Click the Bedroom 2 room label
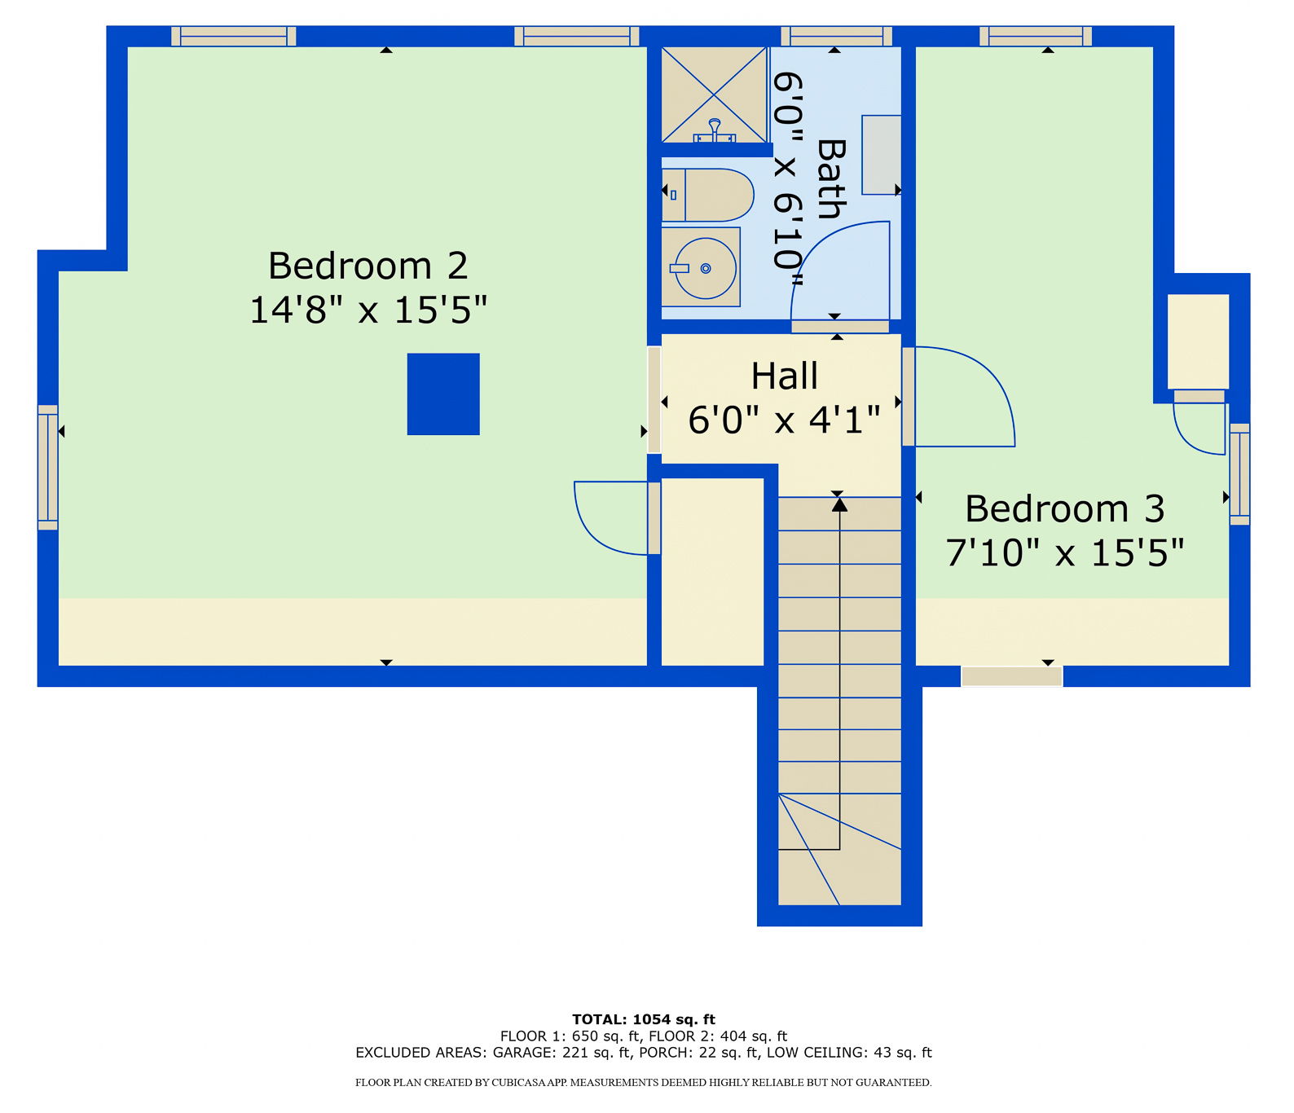(x=368, y=266)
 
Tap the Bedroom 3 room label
(x=1065, y=508)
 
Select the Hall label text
(x=785, y=376)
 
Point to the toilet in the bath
(x=707, y=195)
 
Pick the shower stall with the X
(x=715, y=95)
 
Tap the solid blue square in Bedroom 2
(x=443, y=394)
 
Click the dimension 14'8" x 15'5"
(x=368, y=310)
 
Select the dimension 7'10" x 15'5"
(x=1065, y=552)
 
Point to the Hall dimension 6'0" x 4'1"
(x=785, y=420)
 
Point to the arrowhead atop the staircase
(x=839, y=504)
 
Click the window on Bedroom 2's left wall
(x=48, y=468)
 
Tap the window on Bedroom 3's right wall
(x=1239, y=474)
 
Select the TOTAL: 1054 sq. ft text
(x=644, y=1019)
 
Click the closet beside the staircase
(x=712, y=571)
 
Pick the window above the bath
(x=837, y=36)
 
